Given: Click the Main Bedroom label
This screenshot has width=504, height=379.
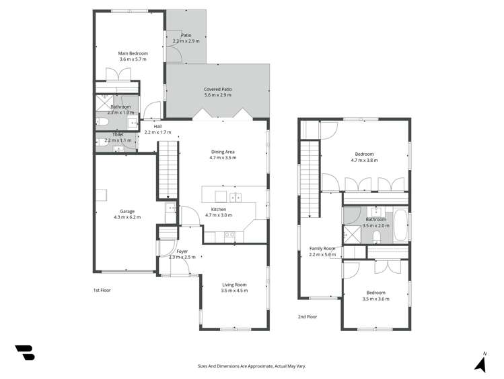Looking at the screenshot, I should coord(133,53).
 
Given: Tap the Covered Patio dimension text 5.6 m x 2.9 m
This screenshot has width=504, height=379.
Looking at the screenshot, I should coord(218,95).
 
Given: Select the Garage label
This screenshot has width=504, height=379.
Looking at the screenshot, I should coord(127,211).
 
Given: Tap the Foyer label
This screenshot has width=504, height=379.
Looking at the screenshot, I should coord(182,251).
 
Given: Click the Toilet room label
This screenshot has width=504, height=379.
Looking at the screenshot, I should coord(118,135).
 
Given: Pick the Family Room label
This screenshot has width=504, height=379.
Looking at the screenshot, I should coord(322,248).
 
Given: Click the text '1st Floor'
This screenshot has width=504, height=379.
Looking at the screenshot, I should coord(102,290).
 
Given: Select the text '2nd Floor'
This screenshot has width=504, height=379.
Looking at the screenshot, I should coord(308,316).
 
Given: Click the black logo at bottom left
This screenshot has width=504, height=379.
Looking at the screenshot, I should coord(25,352).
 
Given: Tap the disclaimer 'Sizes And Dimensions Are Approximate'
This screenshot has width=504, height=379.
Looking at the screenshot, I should coord(252,366).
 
